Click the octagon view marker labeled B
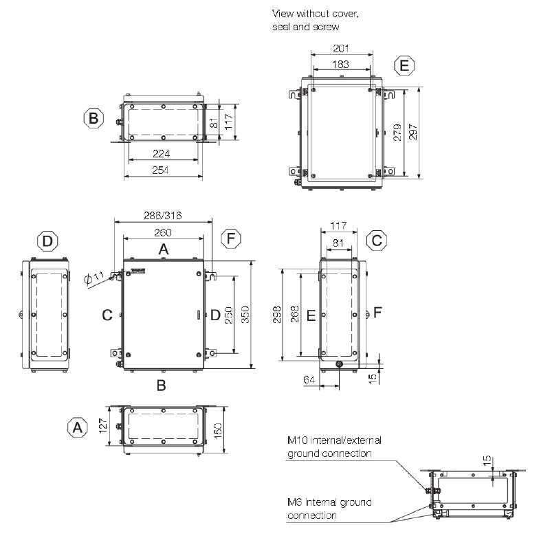click(x=93, y=117)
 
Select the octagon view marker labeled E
click(x=404, y=65)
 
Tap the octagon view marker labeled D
click(x=47, y=240)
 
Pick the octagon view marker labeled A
click(x=78, y=427)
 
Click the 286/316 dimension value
click(x=163, y=215)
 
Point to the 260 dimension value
click(x=163, y=232)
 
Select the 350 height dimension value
click(x=245, y=315)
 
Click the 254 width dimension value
click(x=160, y=170)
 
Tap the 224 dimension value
click(x=162, y=153)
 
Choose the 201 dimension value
click(x=341, y=48)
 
